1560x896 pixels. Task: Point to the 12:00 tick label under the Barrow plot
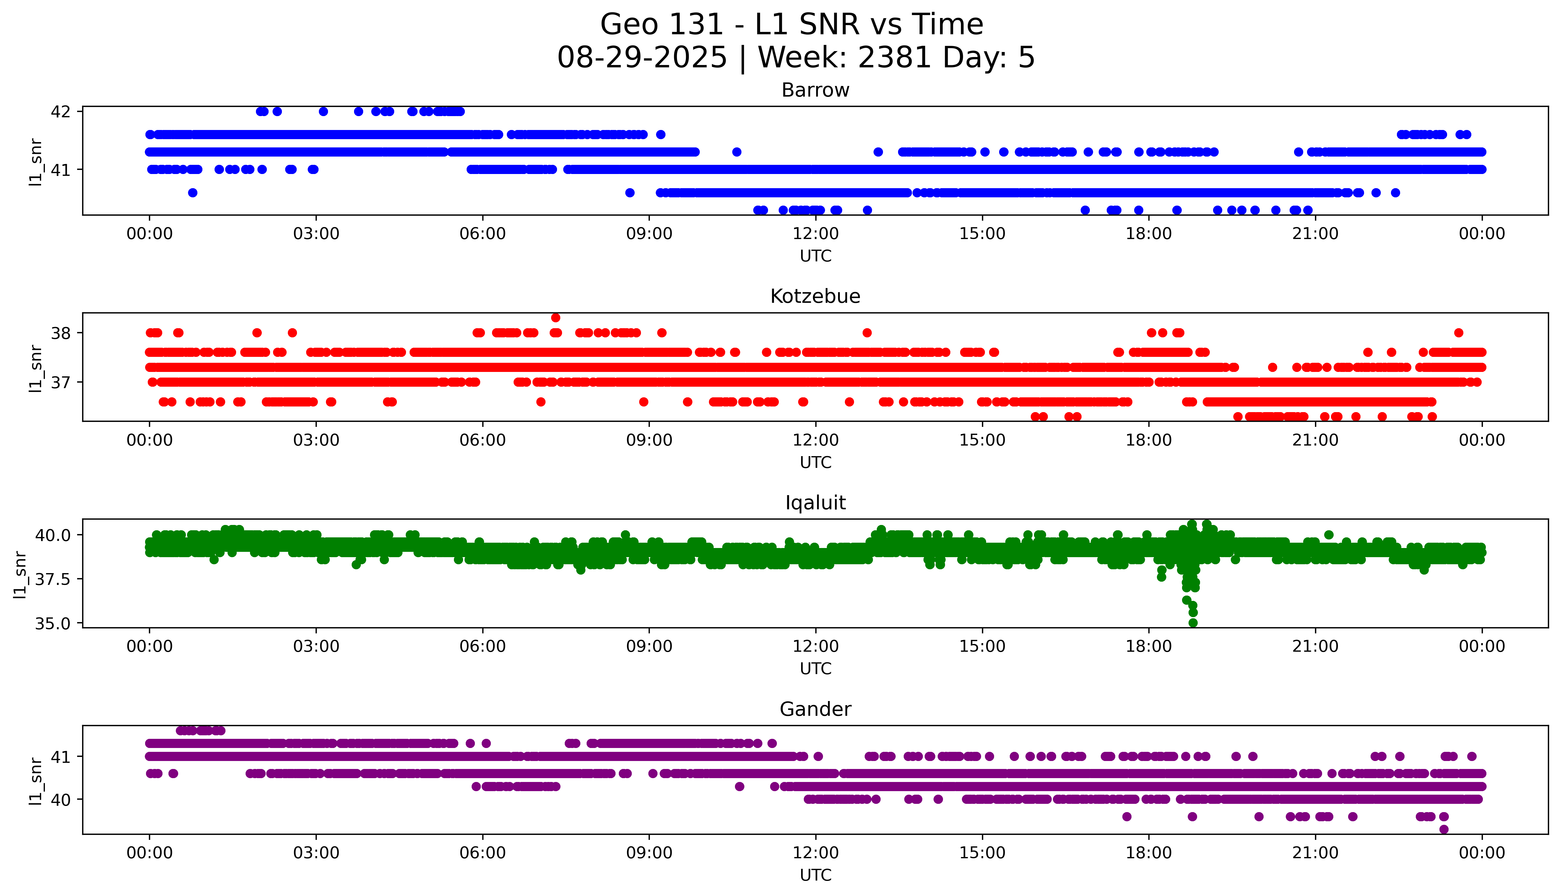click(815, 234)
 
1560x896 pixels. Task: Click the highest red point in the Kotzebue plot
click(556, 318)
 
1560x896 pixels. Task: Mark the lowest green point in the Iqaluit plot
click(1193, 623)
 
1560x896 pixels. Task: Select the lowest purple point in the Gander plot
click(1444, 829)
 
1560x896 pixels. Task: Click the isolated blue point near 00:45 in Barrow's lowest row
click(193, 193)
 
